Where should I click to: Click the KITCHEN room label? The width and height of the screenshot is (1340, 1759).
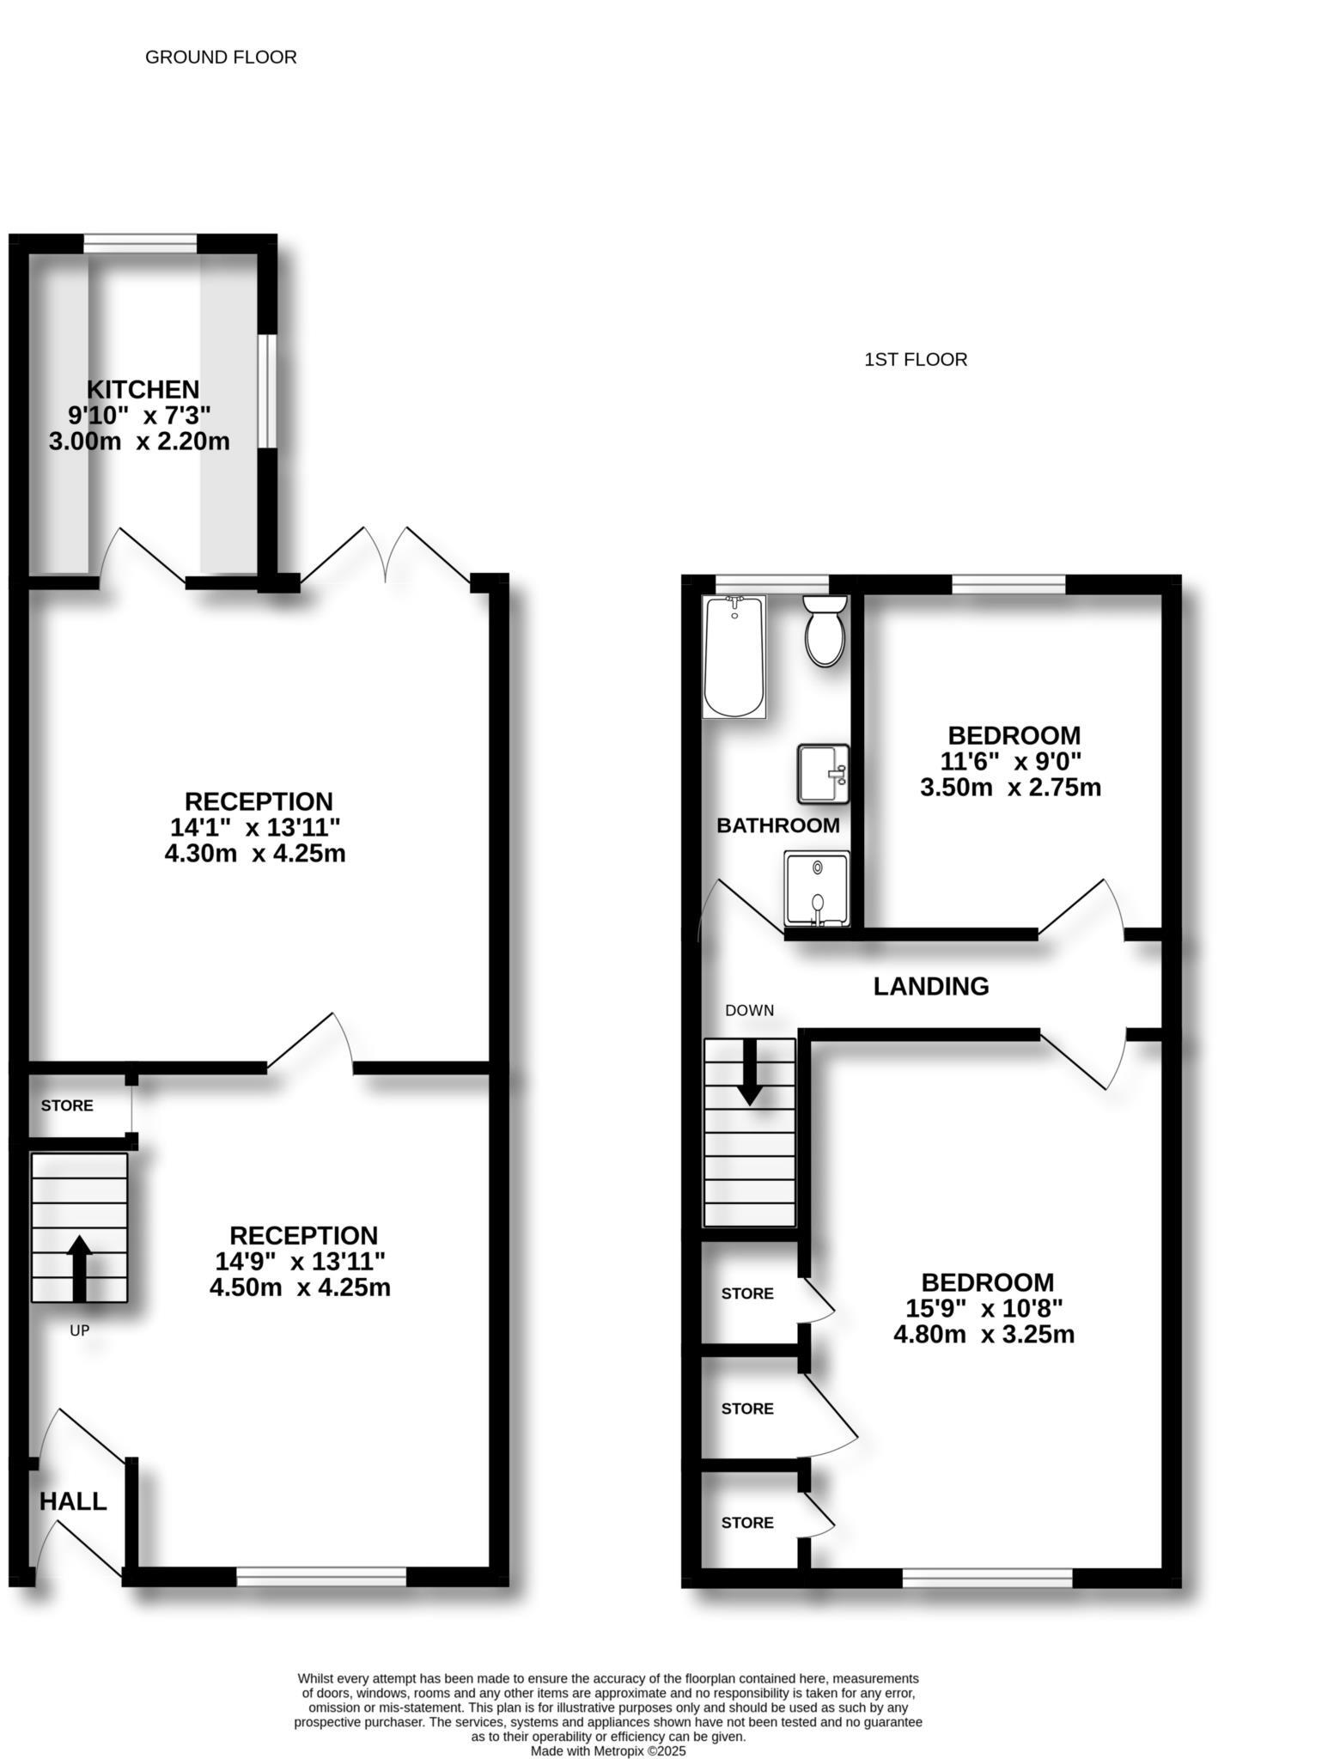point(143,389)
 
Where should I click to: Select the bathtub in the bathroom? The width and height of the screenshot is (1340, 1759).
point(734,658)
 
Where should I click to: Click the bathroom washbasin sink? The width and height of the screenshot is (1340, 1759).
point(822,774)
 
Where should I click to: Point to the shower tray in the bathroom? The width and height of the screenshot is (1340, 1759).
point(816,889)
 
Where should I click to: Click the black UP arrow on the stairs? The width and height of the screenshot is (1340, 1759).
point(79,1267)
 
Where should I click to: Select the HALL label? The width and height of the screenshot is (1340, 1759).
point(73,1501)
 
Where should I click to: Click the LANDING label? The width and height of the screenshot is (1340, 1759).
point(931,986)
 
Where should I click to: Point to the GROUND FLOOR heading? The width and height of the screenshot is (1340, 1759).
point(221,58)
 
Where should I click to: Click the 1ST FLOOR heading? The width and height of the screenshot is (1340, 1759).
point(916,360)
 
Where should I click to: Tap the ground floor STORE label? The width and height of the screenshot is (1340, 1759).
point(67,1105)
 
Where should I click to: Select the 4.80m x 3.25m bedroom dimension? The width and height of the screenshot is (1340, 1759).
point(984,1335)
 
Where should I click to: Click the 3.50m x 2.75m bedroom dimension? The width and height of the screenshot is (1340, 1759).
point(1010,788)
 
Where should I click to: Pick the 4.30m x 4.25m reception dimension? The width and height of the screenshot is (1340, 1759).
point(255,854)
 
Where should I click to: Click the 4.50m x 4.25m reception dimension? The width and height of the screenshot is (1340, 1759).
point(300,1288)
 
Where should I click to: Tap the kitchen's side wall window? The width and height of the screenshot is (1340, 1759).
point(268,391)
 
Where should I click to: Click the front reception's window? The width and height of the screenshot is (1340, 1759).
point(321,1576)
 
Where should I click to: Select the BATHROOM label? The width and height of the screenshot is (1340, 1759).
point(778,825)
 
